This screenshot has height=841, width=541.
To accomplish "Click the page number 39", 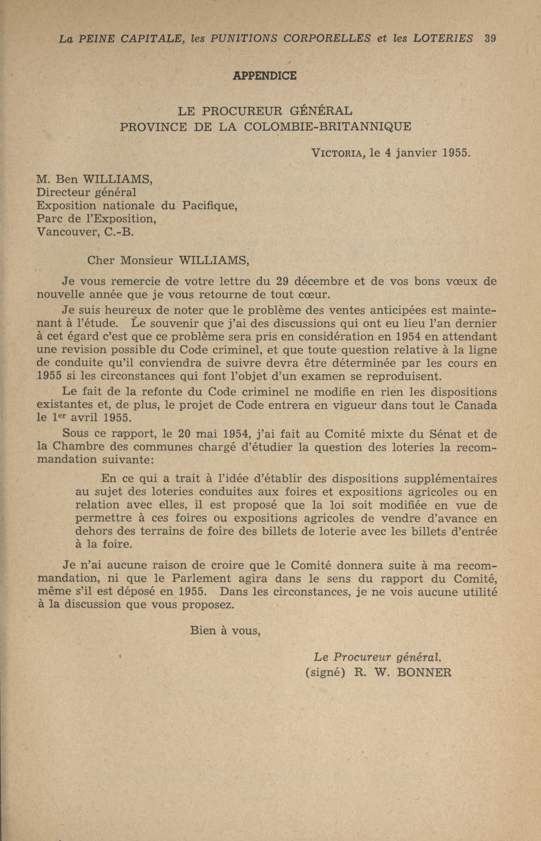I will tap(490, 38).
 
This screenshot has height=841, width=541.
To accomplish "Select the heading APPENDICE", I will tap(264, 76).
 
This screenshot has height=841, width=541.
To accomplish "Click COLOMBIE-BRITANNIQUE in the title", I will tap(327, 127).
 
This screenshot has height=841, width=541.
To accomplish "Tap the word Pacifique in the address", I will tap(209, 206).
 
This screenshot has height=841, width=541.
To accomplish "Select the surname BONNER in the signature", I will tap(424, 672).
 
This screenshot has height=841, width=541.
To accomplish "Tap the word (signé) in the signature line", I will tap(325, 672).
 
